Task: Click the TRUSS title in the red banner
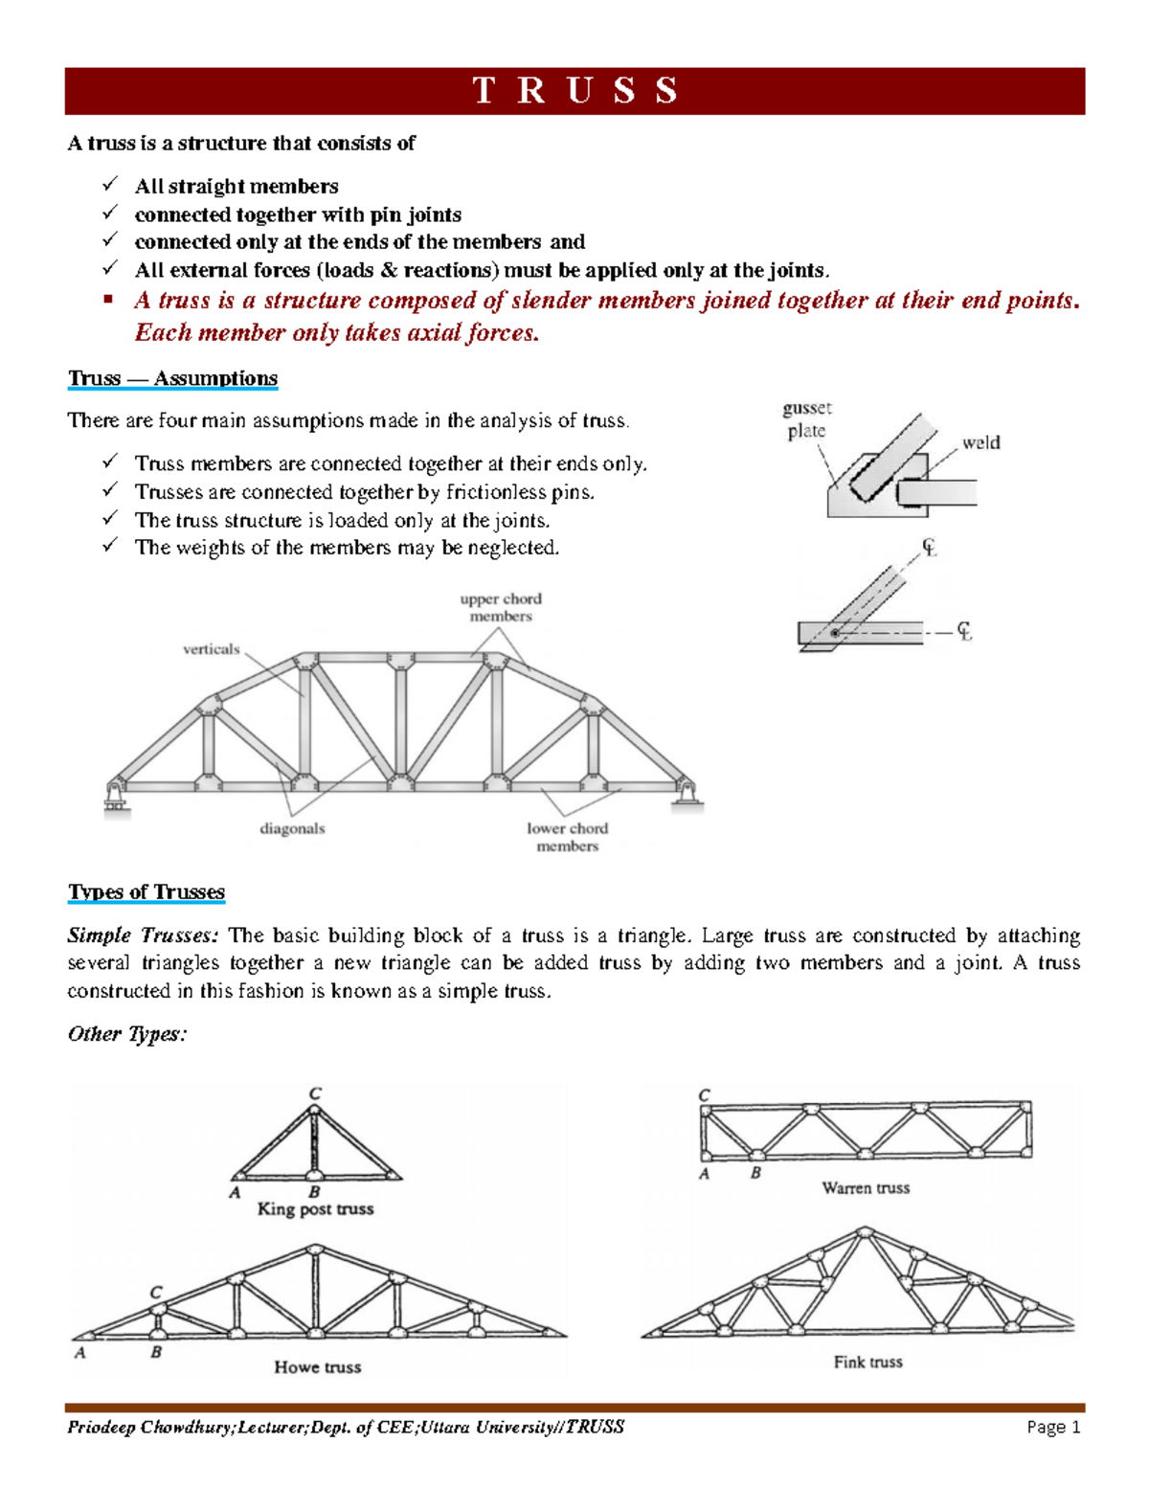coord(574,91)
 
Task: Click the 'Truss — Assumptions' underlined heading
coord(172,378)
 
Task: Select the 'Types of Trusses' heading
coord(146,891)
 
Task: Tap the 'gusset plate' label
coord(806,419)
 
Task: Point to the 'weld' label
coord(980,442)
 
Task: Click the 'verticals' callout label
coord(211,649)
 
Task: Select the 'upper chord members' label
coord(501,607)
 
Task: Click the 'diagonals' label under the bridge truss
coord(292,828)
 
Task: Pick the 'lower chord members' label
coord(567,837)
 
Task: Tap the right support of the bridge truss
coord(687,795)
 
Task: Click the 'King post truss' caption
coord(315,1209)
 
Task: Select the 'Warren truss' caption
coord(866,1188)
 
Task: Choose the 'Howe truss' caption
coord(317,1367)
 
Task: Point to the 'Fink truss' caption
coord(867,1362)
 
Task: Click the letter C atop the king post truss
coord(315,1093)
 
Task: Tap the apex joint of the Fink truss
coord(865,1232)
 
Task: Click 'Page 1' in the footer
coord(1053,1428)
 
